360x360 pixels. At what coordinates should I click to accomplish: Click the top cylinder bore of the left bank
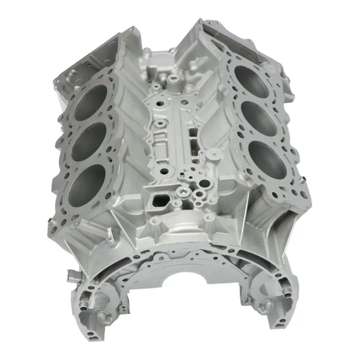click(91, 102)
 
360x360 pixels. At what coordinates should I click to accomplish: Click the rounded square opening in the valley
click(161, 200)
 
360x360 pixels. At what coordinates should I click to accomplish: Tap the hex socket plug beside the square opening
click(182, 191)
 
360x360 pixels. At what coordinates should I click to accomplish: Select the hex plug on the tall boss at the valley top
click(174, 79)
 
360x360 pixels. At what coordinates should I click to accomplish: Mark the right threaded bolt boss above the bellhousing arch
click(209, 217)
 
